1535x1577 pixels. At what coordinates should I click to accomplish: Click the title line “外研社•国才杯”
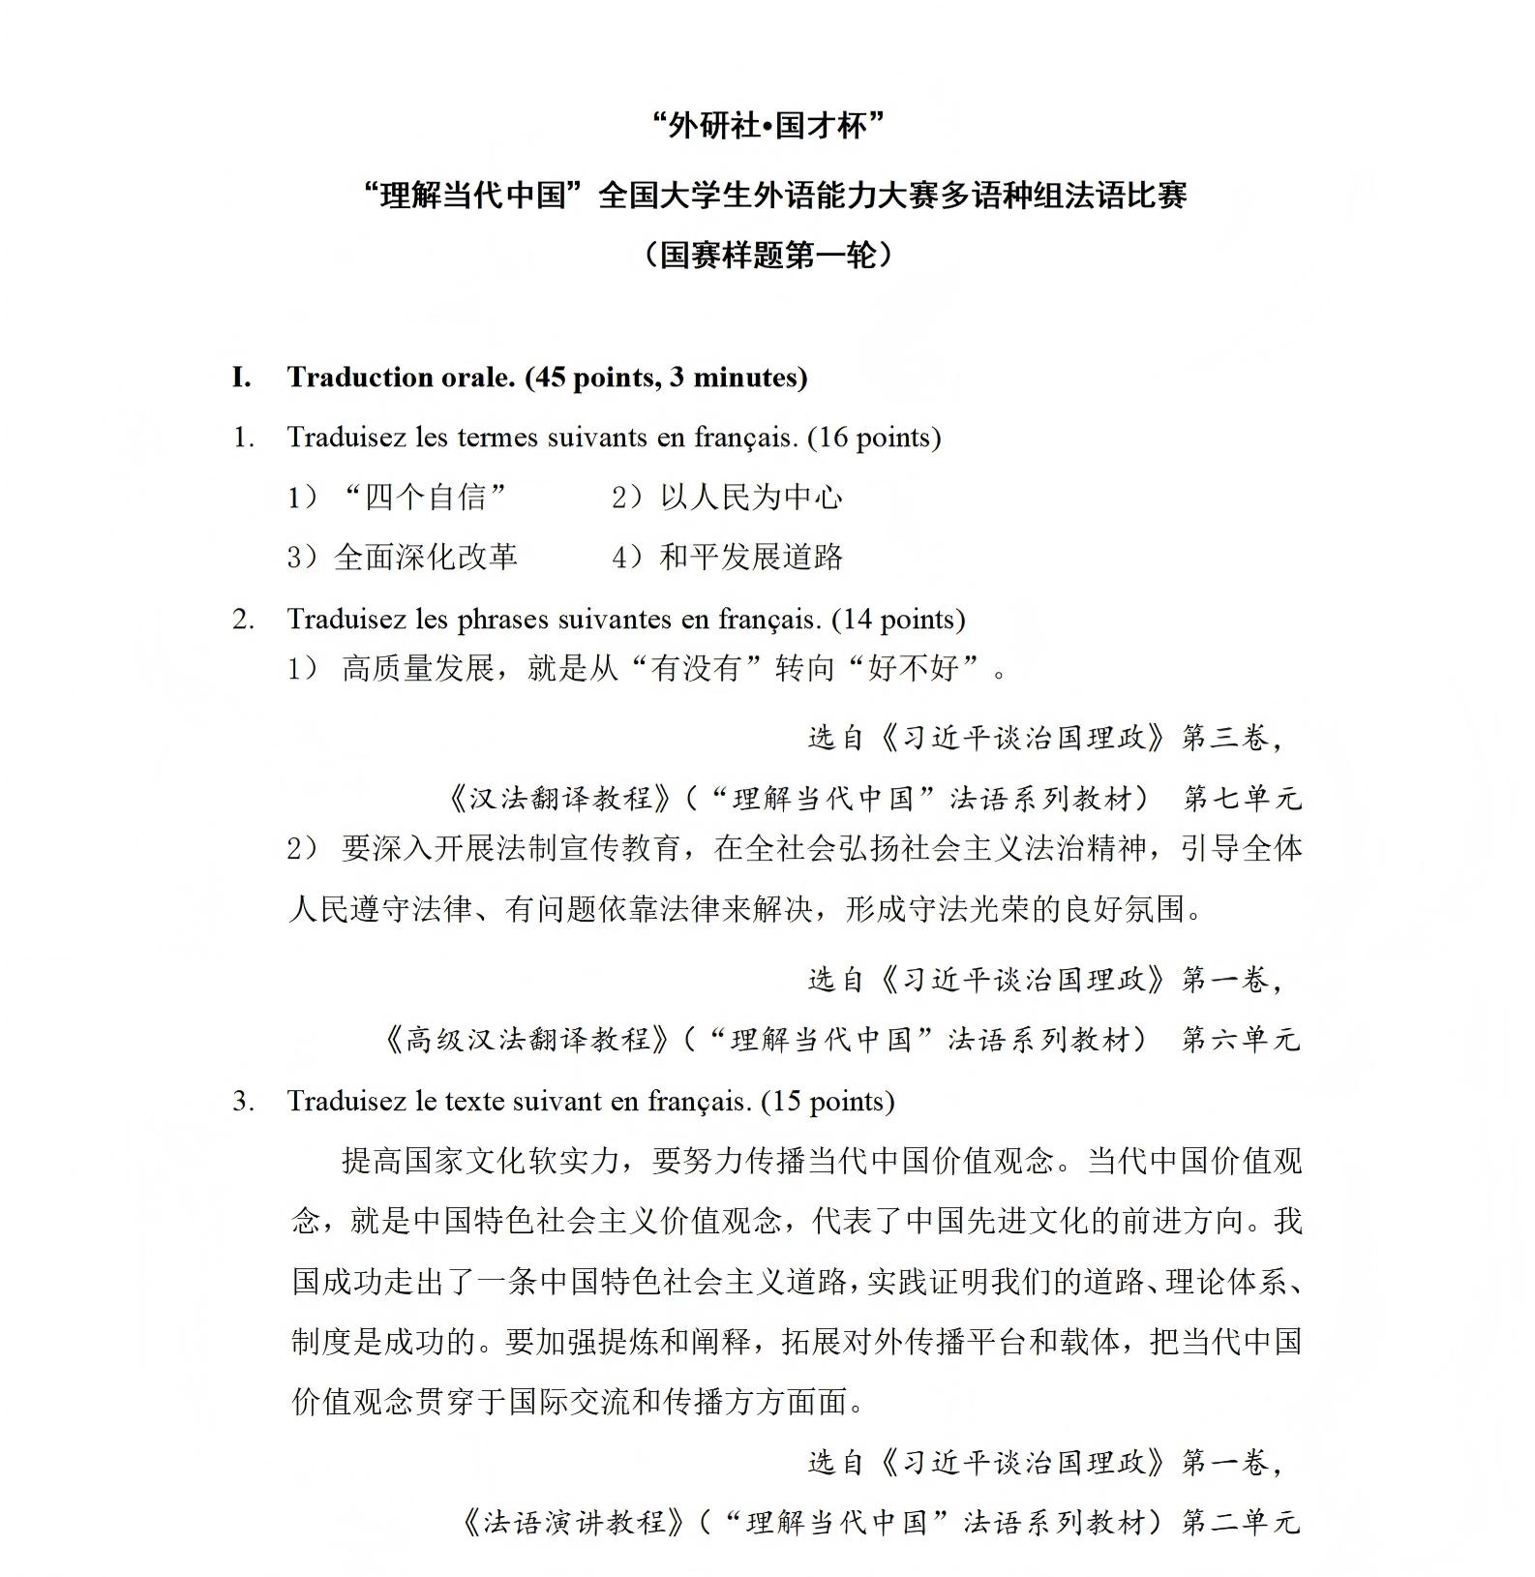coord(767,126)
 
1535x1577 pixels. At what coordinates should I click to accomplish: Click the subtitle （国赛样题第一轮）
coord(767,255)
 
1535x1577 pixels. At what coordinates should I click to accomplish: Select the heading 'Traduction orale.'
coord(401,378)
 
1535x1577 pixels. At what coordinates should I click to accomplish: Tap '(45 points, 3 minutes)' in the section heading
coord(666,378)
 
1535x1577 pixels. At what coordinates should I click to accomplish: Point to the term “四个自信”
coord(425,498)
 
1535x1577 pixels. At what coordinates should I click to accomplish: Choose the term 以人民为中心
coord(751,498)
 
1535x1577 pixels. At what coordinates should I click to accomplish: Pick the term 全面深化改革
coord(426,558)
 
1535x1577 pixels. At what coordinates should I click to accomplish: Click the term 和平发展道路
coord(751,558)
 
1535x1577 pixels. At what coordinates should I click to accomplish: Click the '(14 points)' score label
coord(898,620)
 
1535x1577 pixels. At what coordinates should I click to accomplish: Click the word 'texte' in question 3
coord(478,1102)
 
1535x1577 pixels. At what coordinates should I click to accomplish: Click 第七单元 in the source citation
coord(1242,799)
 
